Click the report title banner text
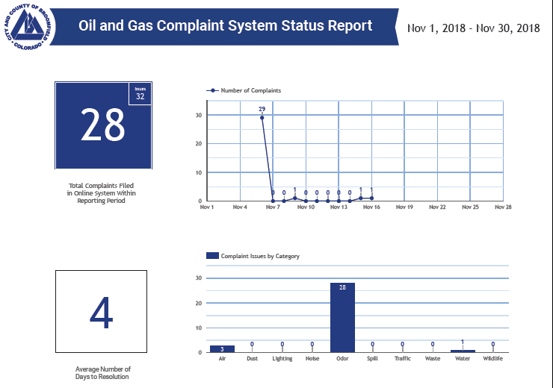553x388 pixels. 225,26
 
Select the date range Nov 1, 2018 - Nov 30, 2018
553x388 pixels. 474,28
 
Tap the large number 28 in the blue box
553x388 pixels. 102,125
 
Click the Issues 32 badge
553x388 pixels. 140,93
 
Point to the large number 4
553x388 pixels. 102,313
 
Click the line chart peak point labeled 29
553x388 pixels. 262,117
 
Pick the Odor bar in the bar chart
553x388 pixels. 342,317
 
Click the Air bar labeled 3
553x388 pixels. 222,348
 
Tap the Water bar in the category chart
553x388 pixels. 463,351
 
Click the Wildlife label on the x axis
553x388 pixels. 492,360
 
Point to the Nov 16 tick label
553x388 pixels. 371,207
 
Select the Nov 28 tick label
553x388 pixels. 503,207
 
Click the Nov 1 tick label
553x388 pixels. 207,207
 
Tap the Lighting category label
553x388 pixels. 282,360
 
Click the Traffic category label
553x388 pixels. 402,360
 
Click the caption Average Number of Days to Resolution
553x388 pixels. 102,372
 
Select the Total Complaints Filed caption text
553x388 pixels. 102,193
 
